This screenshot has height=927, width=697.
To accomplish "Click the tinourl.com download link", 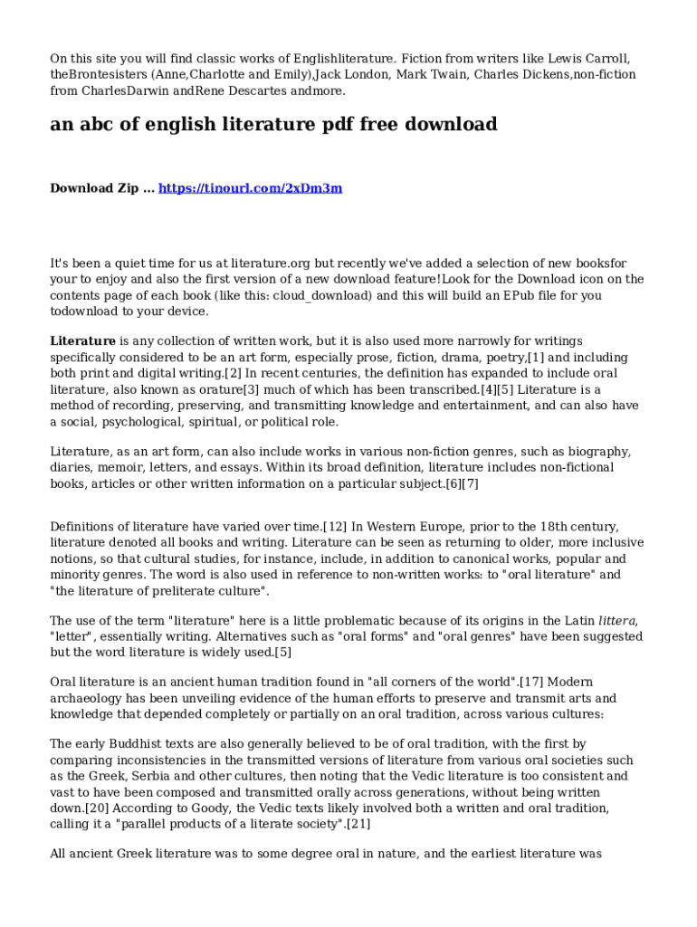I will point(251,188).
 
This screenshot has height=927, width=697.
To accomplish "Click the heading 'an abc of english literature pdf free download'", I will point(273,125).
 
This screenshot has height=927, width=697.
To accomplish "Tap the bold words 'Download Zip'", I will point(94,188).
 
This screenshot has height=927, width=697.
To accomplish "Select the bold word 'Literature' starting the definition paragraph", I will point(82,341).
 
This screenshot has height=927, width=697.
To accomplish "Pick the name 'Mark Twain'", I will point(429,75).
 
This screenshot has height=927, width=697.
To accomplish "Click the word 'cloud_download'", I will point(333,295).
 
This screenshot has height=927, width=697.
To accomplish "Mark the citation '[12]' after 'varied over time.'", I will point(335,526).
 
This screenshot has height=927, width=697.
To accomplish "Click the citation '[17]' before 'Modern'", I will point(532,682).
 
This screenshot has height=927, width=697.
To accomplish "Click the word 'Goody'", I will point(203,808).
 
